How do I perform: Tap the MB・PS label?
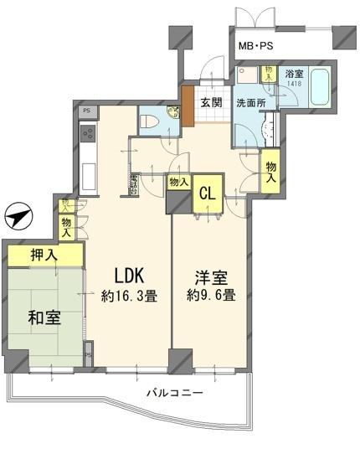257,47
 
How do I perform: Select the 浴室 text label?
292,74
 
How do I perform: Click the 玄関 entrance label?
211,102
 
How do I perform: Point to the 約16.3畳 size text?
131,297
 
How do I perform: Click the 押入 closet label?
46,255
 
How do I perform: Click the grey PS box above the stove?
86,111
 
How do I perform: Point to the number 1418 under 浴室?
292,84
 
